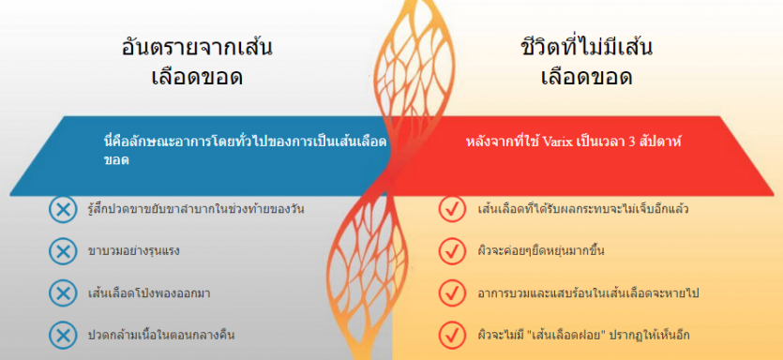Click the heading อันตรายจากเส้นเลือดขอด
point(197,62)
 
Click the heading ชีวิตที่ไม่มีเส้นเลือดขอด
point(587,62)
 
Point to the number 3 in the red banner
point(631,142)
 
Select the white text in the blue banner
point(245,151)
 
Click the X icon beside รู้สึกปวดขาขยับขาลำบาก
point(63,209)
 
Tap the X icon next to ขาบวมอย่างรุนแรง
point(63,250)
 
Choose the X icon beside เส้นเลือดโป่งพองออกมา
point(63,292)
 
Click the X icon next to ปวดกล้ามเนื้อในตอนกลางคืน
point(63,335)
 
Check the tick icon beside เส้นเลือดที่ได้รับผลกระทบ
point(452,209)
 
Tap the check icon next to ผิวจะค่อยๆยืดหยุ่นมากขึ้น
point(452,250)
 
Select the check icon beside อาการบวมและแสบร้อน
point(452,292)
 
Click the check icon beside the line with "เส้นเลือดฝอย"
point(452,335)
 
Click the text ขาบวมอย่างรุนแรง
point(133,250)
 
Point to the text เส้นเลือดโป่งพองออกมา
point(148,293)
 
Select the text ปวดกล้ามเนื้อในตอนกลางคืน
point(160,335)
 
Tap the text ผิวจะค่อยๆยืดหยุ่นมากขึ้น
point(541,250)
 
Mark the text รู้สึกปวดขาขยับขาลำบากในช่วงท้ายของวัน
point(196,209)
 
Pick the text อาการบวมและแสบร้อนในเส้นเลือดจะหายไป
point(588,293)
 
